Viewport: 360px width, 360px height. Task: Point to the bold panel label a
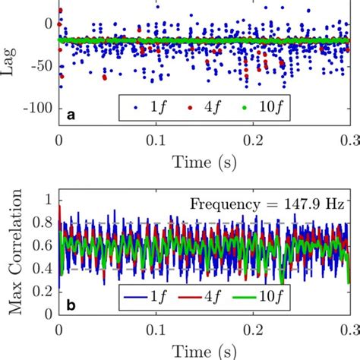pyautogui.click(x=71, y=115)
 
